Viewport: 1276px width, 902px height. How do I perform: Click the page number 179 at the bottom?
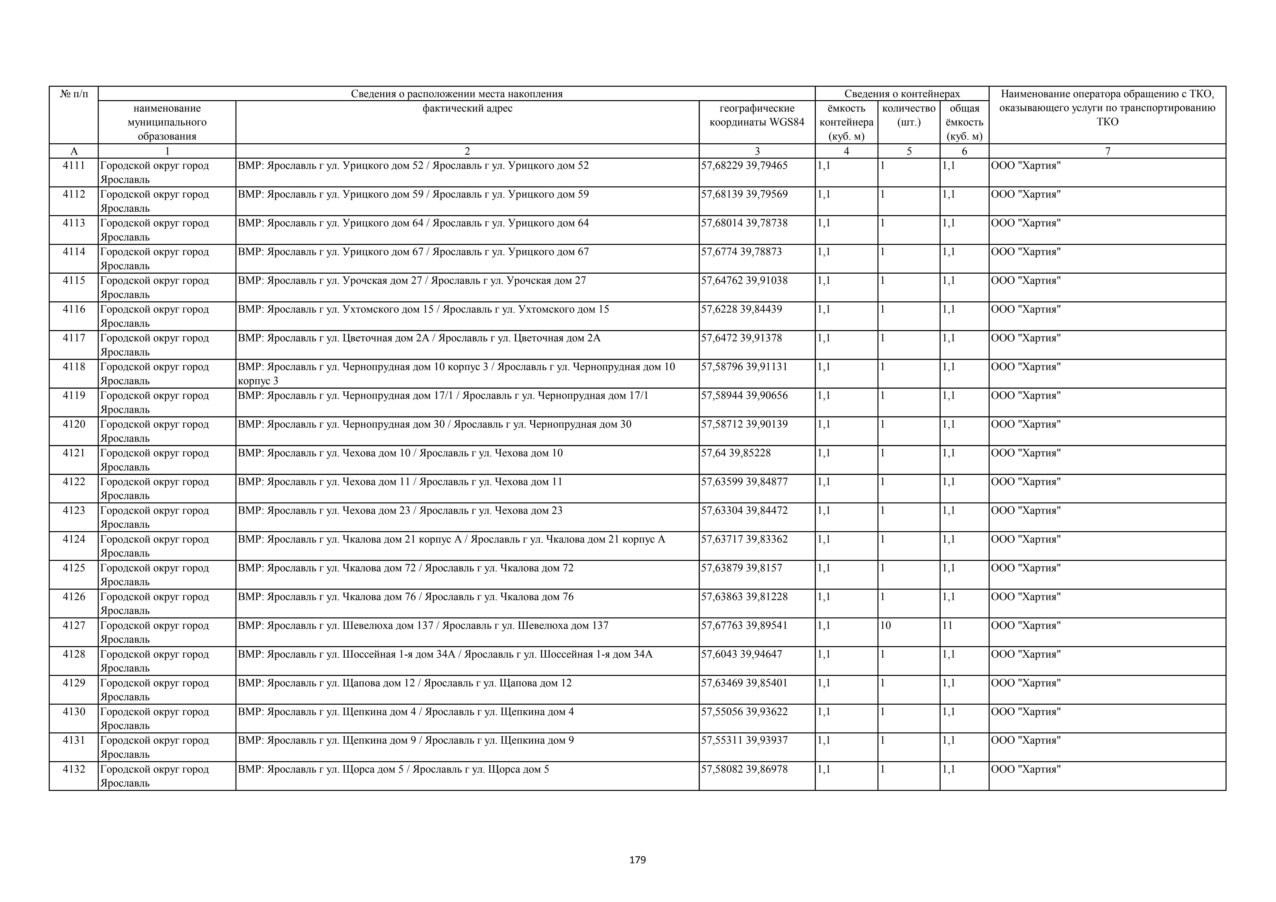click(637, 860)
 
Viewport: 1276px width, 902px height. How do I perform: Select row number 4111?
click(74, 165)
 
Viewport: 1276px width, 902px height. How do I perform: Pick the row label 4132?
click(74, 769)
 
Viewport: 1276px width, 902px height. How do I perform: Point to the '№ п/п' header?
click(74, 94)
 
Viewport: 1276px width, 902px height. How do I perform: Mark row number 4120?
click(74, 424)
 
